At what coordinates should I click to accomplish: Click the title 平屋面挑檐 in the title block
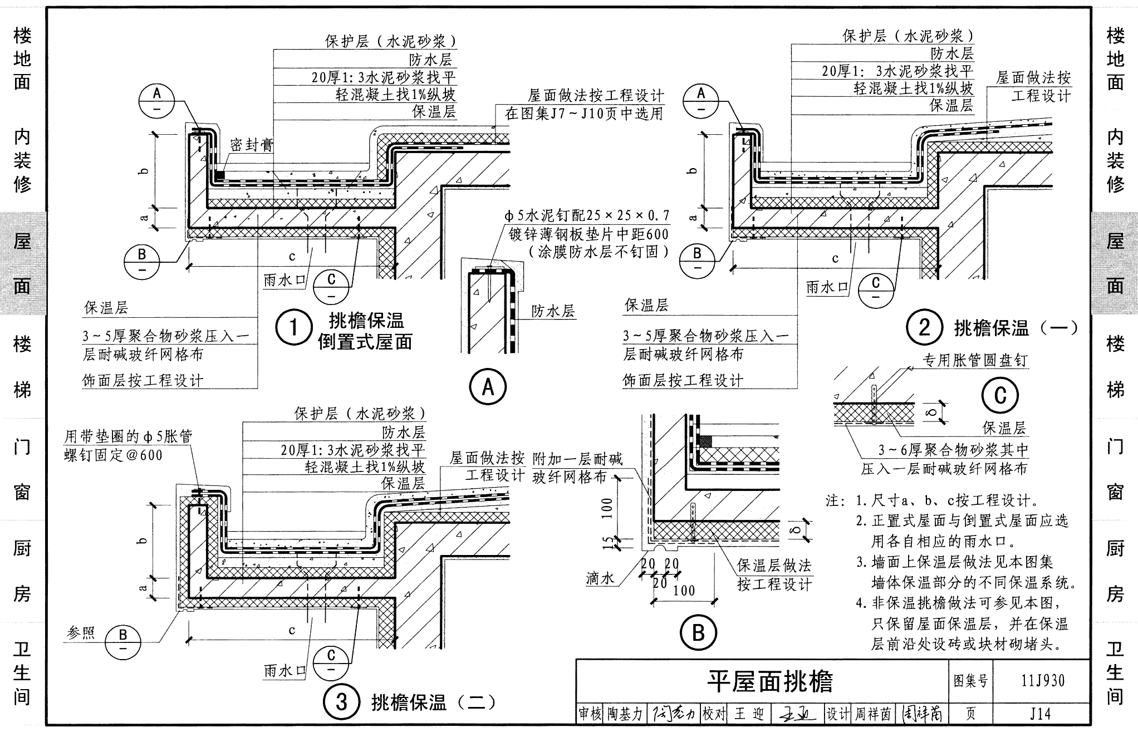click(x=769, y=681)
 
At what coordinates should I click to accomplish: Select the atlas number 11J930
click(x=1043, y=680)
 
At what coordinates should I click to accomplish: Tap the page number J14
click(x=1040, y=713)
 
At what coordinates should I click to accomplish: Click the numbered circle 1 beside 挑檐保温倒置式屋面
click(x=293, y=328)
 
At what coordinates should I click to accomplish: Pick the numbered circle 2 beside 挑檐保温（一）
click(x=924, y=328)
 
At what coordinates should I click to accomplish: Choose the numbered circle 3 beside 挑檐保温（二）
click(x=341, y=702)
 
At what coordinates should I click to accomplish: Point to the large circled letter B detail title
click(x=698, y=633)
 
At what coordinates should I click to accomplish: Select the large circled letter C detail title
click(x=1000, y=395)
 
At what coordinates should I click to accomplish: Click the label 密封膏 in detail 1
click(x=252, y=145)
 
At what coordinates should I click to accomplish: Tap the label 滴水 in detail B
click(x=600, y=578)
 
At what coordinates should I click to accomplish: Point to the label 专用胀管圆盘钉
click(x=975, y=361)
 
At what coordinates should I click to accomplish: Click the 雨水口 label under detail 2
click(x=827, y=287)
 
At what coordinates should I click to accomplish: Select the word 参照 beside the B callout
click(x=81, y=633)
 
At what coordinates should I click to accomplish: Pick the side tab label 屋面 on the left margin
click(x=22, y=264)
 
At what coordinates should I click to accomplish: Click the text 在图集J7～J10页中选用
click(x=584, y=114)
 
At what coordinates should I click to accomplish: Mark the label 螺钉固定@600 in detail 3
click(x=114, y=455)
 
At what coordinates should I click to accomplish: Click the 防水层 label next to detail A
click(x=553, y=311)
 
